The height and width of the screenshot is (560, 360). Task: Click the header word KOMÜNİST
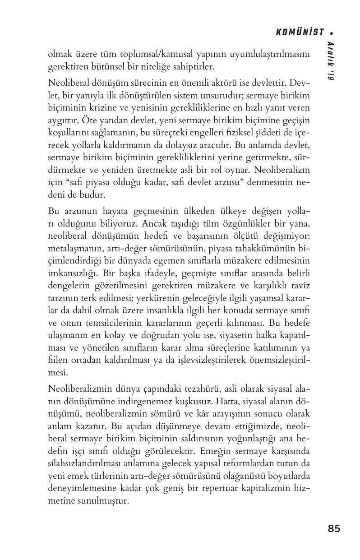(x=300, y=32)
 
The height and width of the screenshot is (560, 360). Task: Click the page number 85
(x=334, y=528)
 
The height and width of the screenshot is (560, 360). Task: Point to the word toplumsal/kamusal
(x=133, y=55)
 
